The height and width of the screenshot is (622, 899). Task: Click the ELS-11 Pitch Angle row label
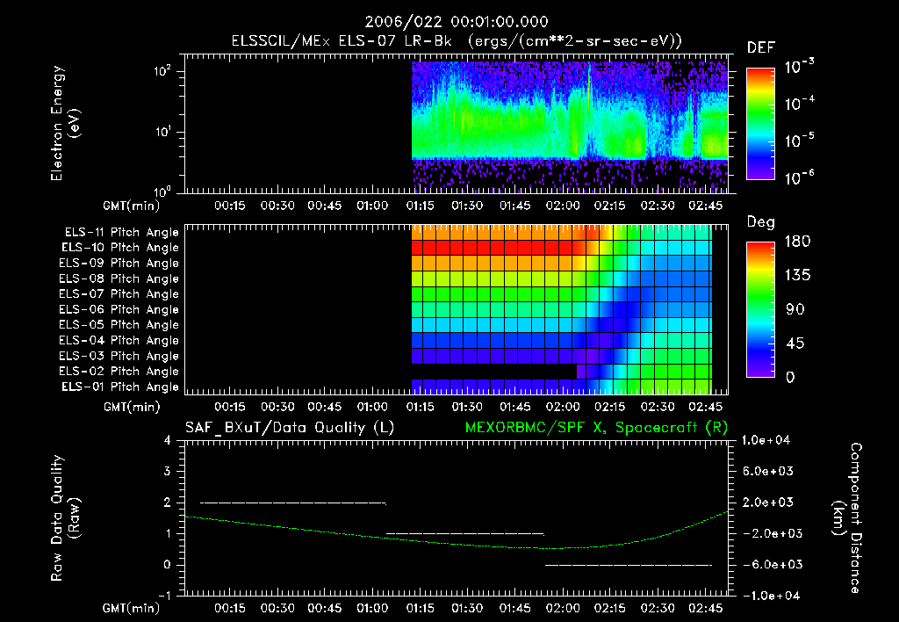tap(121, 233)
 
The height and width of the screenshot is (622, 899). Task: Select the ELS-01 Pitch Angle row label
tap(121, 387)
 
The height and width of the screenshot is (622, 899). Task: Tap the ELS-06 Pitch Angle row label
tap(121, 310)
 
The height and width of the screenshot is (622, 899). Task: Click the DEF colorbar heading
tap(760, 48)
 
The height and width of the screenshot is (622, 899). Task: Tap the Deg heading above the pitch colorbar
tap(760, 222)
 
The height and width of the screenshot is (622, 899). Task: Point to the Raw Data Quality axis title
tap(67, 518)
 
